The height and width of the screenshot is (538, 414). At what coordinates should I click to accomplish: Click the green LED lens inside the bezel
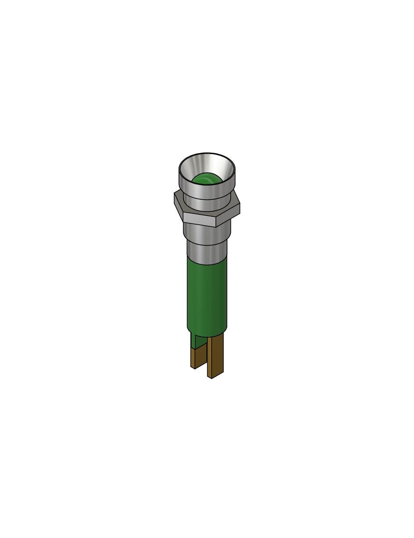pyautogui.click(x=206, y=179)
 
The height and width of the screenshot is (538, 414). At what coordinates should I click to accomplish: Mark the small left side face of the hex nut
pyautogui.click(x=178, y=207)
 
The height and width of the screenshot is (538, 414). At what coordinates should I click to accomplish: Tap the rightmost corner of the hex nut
pyautogui.click(x=239, y=206)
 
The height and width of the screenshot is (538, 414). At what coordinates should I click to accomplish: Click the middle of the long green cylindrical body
pyautogui.click(x=207, y=293)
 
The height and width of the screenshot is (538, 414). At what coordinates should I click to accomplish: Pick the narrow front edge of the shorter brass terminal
pyautogui.click(x=192, y=358)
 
